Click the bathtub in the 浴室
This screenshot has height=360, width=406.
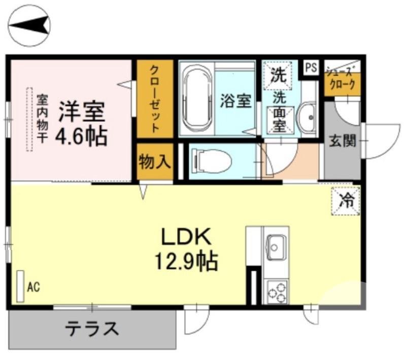point(196,99)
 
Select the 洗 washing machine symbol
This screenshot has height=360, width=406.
point(278,76)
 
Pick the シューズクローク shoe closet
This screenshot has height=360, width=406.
point(342,80)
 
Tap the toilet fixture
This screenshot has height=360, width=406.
point(211,162)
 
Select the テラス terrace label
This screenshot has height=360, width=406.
point(91,330)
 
